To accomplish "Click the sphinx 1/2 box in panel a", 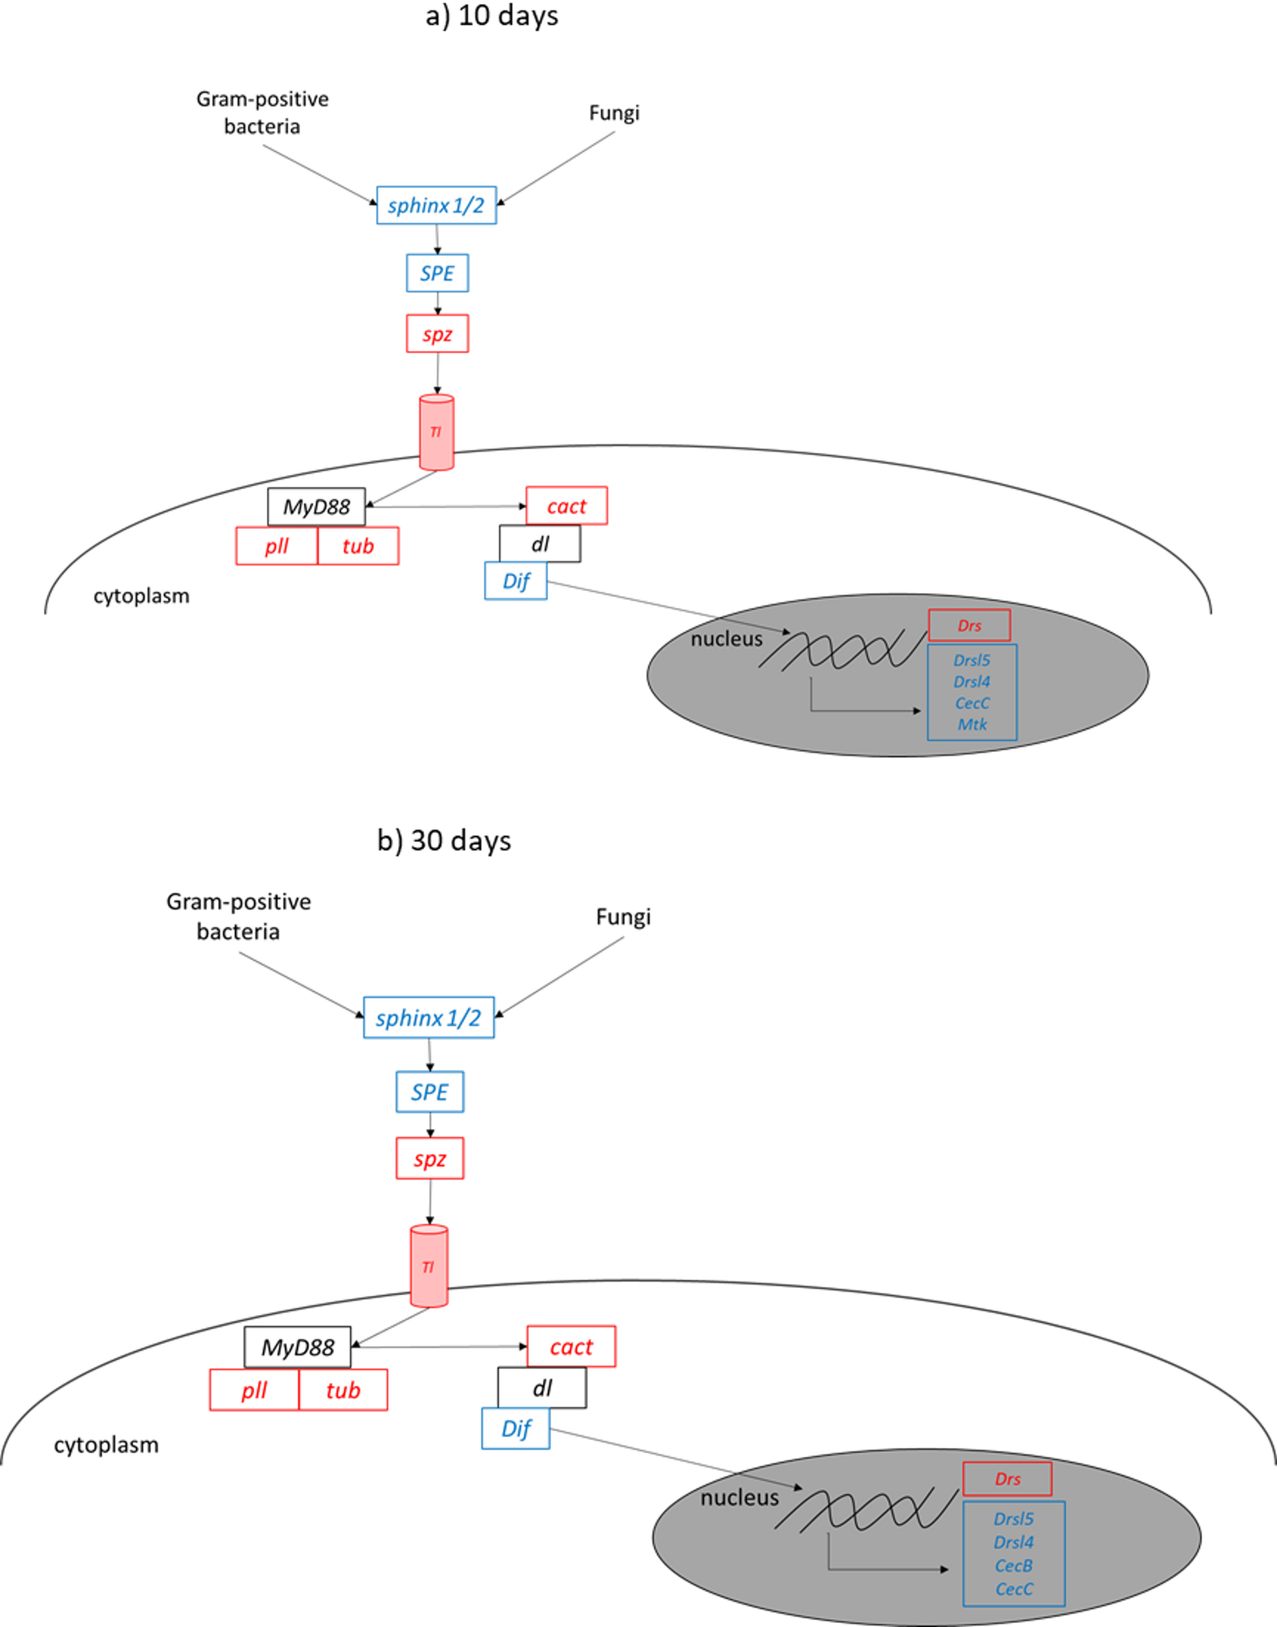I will tap(436, 206).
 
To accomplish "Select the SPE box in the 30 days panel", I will tap(429, 1091).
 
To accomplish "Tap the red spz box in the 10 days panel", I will tap(437, 333).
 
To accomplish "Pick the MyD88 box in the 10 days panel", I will tap(316, 507).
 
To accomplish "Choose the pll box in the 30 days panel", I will tap(254, 1390).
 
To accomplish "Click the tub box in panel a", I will tap(357, 546).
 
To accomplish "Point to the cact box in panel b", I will tap(571, 1347).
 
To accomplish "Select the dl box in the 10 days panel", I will tap(540, 543).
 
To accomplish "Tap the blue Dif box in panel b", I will tap(515, 1428).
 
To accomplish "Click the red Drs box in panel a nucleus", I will tap(969, 625).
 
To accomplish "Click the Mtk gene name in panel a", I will tap(972, 724).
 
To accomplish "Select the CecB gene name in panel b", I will tap(1013, 1565).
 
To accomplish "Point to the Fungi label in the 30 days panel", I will tap(623, 916).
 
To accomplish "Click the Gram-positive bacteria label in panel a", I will tap(262, 112).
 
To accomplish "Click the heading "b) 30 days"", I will tap(444, 841).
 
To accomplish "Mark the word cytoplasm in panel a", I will tap(141, 596).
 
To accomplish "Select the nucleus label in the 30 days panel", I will tap(739, 1498).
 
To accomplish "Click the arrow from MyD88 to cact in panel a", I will tap(449, 506).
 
